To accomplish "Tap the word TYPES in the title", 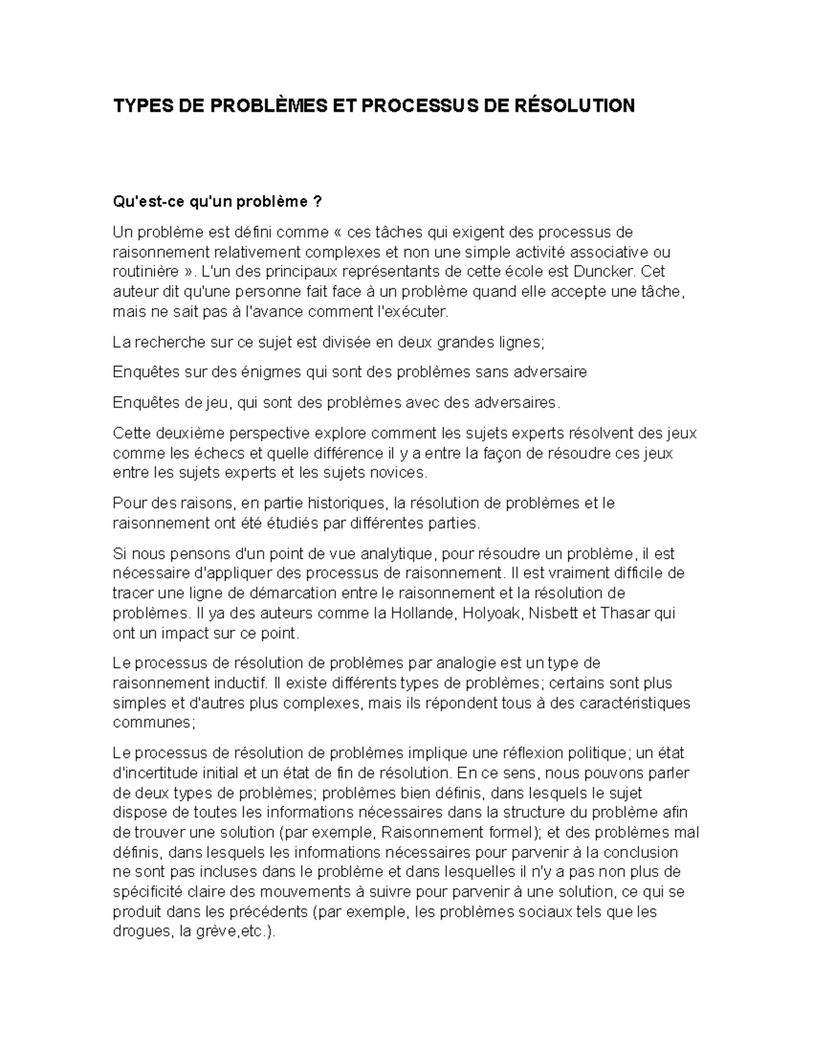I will [x=138, y=106].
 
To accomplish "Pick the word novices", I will [x=396, y=473].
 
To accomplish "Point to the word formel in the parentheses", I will [x=510, y=833].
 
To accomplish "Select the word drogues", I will [x=140, y=932].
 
